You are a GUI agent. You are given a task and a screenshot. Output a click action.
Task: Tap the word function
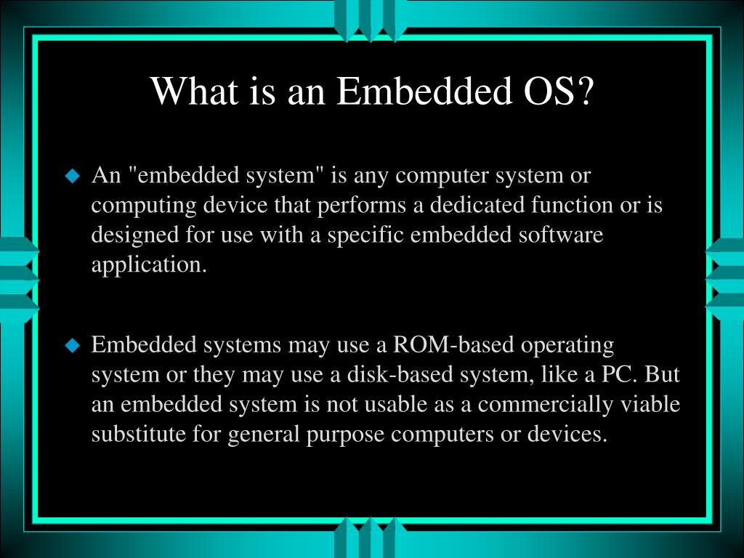click(x=571, y=206)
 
